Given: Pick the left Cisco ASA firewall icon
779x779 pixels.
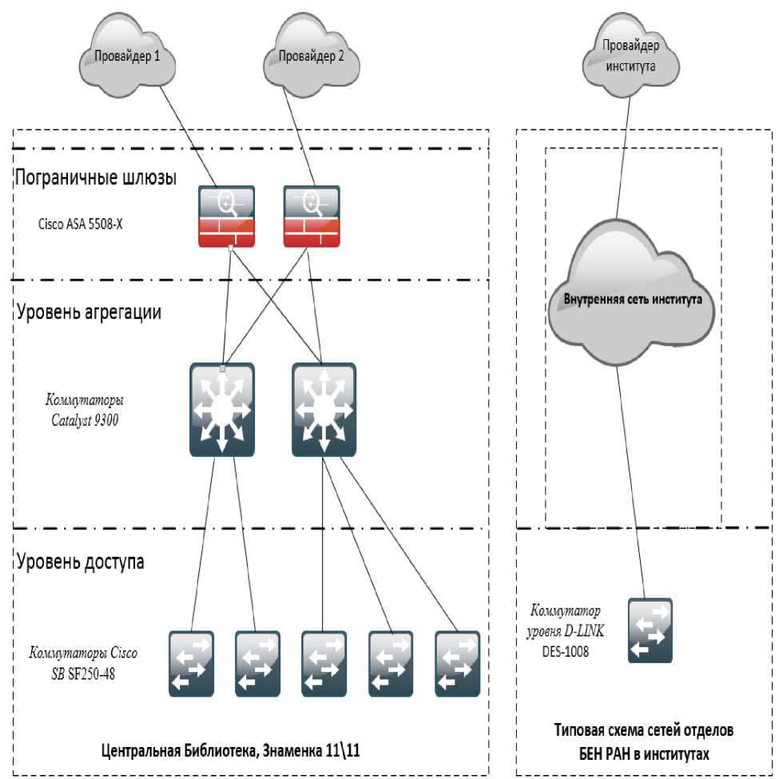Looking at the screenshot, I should coord(226,217).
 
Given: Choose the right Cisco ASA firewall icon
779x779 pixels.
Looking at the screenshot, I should coord(311,217).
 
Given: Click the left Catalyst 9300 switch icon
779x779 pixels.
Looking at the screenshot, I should coord(222,409).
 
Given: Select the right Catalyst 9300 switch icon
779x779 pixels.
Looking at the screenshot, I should coord(324,409).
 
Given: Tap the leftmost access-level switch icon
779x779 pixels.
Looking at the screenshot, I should coord(192,663).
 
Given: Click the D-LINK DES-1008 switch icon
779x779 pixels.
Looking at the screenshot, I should coord(650,630).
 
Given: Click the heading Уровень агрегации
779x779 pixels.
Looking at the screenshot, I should coord(88,312).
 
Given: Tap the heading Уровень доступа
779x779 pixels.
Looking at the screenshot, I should coord(80,561).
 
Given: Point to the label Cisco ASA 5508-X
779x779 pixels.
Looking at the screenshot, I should coord(80,225).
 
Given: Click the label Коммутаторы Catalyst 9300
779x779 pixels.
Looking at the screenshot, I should coord(84,409).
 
